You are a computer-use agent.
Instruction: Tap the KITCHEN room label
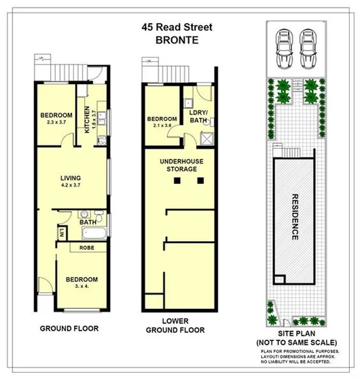[x=86, y=120]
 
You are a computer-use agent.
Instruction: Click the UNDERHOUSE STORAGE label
[x=178, y=164]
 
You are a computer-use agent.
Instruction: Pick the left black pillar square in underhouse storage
[x=177, y=181]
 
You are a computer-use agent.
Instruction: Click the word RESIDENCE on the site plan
[x=295, y=217]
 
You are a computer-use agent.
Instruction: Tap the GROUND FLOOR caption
[x=69, y=328]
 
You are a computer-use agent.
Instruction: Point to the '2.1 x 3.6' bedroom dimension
[x=162, y=126]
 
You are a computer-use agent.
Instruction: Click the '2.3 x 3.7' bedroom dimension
[x=52, y=123]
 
